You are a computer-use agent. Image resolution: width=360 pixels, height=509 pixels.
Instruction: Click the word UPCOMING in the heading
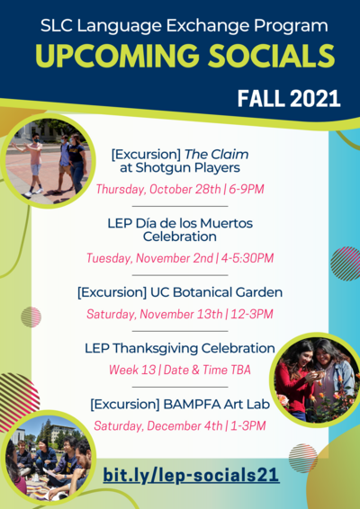click(117, 56)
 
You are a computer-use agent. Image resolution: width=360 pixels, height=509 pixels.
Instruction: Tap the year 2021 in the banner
click(314, 98)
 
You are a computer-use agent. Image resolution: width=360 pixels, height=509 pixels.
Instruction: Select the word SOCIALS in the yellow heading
click(272, 56)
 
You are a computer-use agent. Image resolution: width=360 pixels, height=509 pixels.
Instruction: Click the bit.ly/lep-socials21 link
click(192, 475)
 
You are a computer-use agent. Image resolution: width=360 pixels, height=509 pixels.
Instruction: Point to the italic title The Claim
click(217, 154)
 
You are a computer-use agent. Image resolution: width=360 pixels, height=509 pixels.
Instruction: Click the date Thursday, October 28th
click(158, 189)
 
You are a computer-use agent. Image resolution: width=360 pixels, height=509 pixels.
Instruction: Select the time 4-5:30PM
click(247, 258)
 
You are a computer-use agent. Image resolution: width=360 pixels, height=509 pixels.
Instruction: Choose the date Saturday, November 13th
click(154, 314)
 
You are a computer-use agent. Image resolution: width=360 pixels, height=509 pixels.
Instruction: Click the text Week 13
click(132, 370)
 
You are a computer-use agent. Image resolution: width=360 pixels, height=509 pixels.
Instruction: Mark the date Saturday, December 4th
click(158, 425)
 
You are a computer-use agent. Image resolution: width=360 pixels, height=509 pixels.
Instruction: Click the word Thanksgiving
click(156, 349)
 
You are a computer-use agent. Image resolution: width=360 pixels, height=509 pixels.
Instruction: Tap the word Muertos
click(226, 223)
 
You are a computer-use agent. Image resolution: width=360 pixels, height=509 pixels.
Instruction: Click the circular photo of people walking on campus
click(48, 160)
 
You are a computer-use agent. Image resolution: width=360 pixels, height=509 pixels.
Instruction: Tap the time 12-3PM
click(252, 314)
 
